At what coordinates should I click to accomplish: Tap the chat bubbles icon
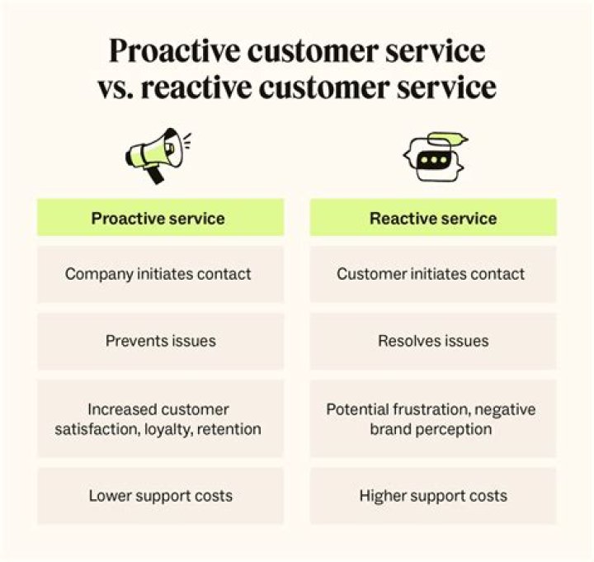[436, 157]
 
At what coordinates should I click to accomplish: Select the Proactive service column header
[160, 218]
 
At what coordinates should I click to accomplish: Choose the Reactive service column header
[433, 218]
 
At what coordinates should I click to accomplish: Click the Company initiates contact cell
[160, 274]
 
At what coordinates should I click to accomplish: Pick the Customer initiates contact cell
[433, 274]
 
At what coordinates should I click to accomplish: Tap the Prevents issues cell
[160, 341]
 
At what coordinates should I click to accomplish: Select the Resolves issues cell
[433, 341]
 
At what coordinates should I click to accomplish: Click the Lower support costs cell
[160, 496]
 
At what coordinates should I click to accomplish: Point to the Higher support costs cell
[433, 496]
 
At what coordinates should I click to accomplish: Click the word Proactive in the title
[175, 51]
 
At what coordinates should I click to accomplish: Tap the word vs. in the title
[115, 88]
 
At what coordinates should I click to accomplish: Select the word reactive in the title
[196, 87]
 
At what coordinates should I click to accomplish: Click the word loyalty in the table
[167, 430]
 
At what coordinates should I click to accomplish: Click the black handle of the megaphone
[154, 175]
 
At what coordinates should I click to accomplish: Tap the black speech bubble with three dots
[434, 160]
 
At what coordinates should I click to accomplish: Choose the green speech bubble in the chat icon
[447, 138]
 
